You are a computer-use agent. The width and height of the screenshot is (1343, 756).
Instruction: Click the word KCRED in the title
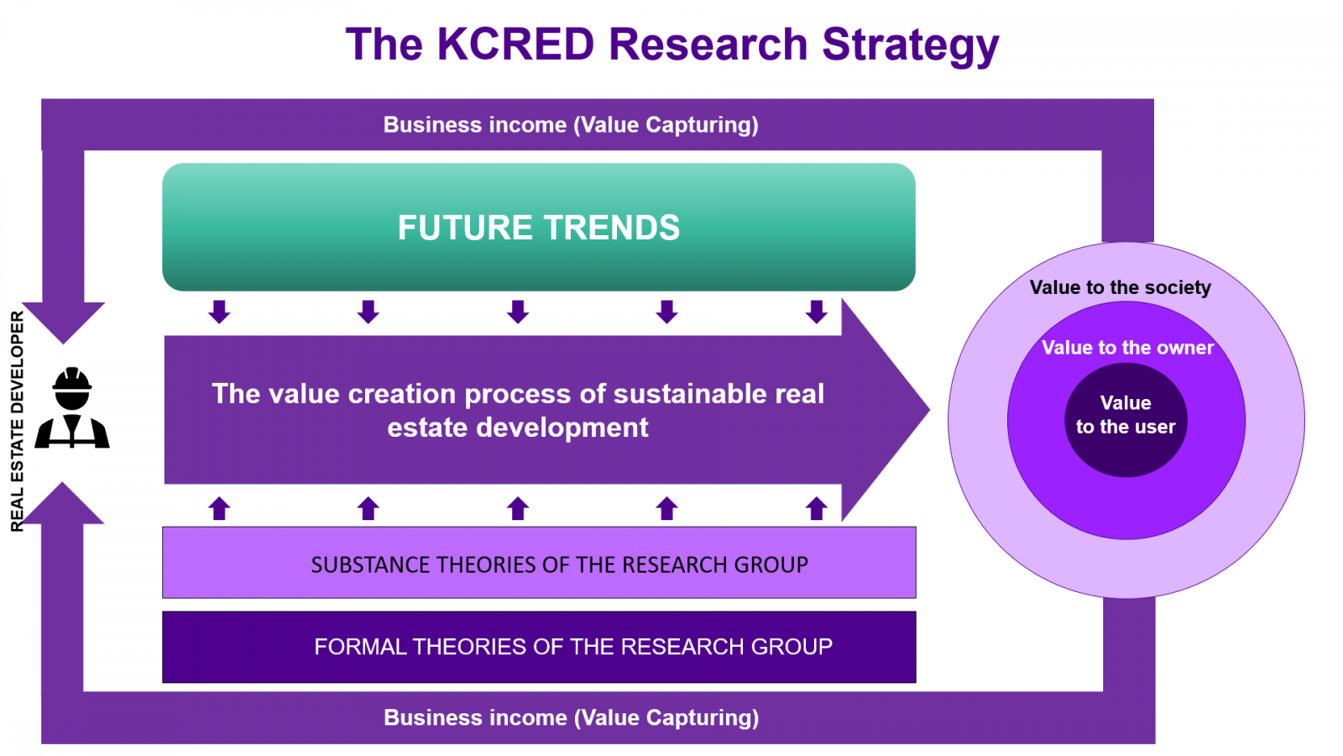[515, 44]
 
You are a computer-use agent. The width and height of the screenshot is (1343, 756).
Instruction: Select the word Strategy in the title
[910, 46]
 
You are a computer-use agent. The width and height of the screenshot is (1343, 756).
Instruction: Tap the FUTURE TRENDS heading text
[538, 228]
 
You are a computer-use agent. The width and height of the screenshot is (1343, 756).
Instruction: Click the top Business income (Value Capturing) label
[571, 125]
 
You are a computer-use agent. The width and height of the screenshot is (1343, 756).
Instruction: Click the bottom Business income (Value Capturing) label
[571, 717]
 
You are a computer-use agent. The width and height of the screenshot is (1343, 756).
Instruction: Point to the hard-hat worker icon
[72, 407]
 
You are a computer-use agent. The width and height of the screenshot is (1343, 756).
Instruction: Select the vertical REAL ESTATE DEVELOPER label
[18, 421]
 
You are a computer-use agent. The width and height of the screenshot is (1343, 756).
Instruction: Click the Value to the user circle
[1126, 420]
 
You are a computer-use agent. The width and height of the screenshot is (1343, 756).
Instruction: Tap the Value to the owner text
[1127, 348]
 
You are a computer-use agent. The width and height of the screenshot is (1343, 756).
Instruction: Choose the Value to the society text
[1120, 287]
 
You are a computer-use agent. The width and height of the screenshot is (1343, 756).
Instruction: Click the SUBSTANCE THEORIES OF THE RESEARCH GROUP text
[559, 564]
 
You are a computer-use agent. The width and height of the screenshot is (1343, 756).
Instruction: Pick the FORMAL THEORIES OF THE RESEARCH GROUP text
[573, 646]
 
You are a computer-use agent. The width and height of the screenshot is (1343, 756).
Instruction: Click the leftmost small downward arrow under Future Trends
[219, 312]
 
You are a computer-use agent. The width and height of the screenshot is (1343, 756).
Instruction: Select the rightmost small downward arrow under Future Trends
[816, 312]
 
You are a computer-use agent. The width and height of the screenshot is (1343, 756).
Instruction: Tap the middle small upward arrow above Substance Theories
[517, 508]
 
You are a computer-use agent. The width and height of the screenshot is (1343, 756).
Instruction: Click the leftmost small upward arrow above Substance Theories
[219, 508]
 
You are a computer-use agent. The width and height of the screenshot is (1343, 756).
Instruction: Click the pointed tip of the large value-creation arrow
[929, 410]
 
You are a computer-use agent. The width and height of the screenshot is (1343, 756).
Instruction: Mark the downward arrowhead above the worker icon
[64, 323]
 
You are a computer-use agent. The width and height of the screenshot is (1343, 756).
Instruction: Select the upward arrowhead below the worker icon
[62, 503]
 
